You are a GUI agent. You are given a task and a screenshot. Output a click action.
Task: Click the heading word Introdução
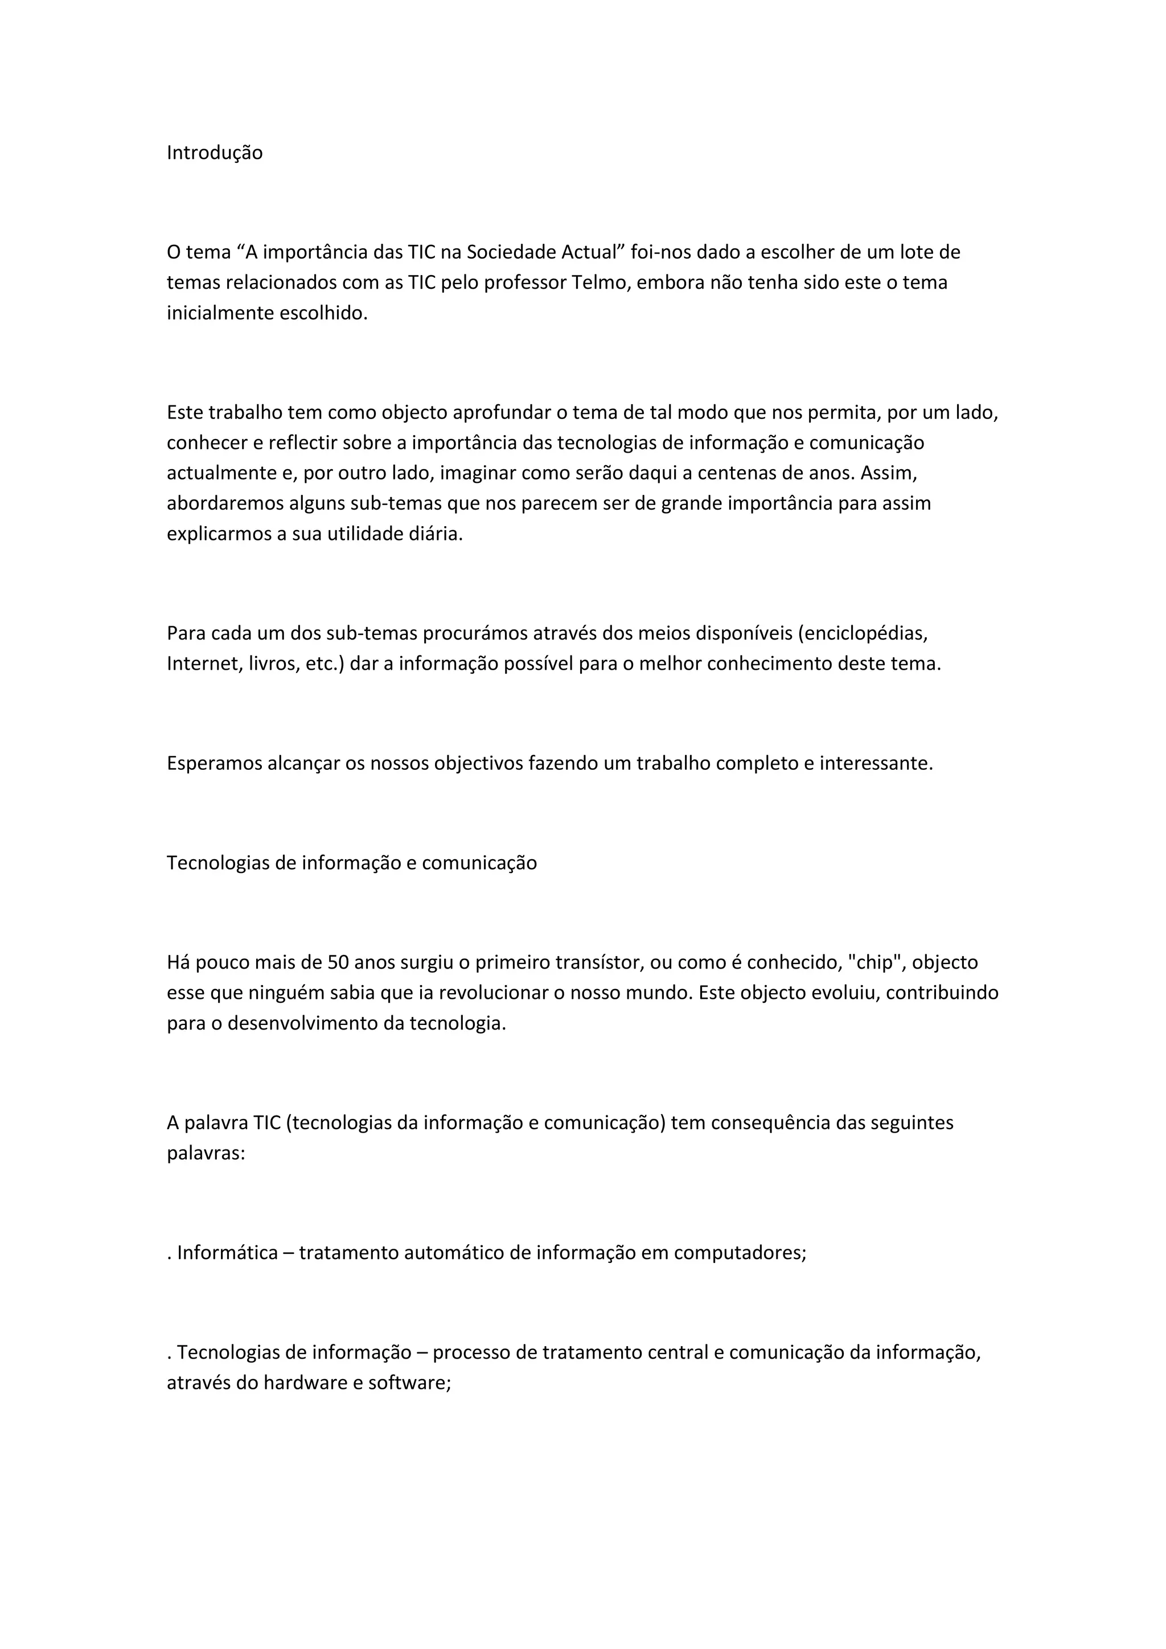(x=215, y=153)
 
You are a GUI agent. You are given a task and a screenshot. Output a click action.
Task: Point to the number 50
(x=338, y=962)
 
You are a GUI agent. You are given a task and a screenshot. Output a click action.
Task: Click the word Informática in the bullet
(x=228, y=1253)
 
